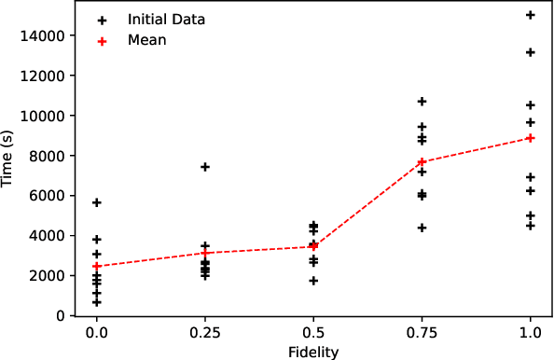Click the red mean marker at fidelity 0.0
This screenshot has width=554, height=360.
click(x=97, y=266)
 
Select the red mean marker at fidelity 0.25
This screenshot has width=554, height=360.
click(x=205, y=253)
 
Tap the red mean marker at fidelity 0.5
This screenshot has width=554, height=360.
click(x=313, y=246)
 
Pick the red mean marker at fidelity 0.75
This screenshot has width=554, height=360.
click(x=422, y=162)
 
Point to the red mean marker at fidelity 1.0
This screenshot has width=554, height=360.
click(x=531, y=137)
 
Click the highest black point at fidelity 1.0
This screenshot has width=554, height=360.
click(x=531, y=15)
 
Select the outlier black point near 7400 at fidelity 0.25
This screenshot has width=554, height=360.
click(x=205, y=167)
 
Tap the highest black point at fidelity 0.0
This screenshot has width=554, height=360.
click(x=97, y=202)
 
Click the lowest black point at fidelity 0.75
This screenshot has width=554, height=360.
click(x=422, y=228)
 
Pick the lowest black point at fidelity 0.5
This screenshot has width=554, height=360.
click(x=313, y=281)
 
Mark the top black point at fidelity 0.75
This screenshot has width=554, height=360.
click(x=422, y=101)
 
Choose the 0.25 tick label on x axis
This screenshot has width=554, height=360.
click(x=205, y=333)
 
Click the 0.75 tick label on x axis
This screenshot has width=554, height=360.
click(x=422, y=333)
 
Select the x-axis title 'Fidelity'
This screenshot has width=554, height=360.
click(x=313, y=352)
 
